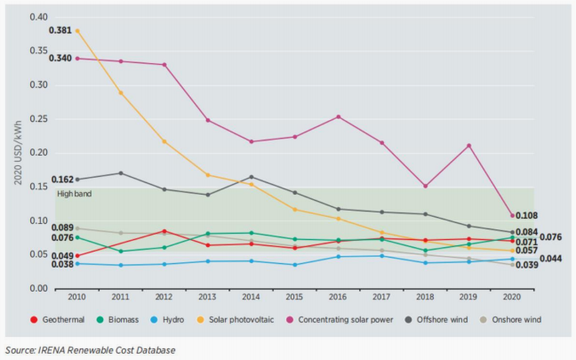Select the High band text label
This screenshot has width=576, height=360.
pos(75,193)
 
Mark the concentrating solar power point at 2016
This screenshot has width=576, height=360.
pos(338,116)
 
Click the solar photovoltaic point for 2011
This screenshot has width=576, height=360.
pos(121,92)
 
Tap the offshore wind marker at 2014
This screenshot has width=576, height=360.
pos(252,177)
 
